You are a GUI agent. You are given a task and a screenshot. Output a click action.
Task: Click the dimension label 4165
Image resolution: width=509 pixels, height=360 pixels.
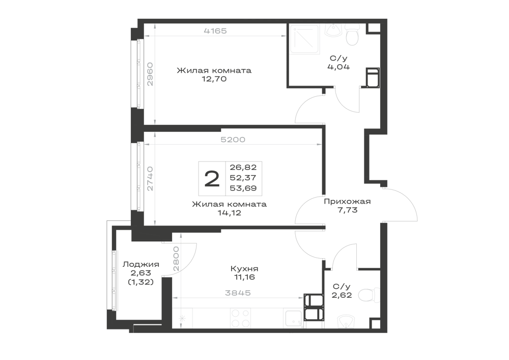[215, 31]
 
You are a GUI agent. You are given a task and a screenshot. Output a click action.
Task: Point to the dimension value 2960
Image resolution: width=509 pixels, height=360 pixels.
[150, 74]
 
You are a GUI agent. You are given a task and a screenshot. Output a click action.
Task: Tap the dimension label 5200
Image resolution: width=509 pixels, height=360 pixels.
[233, 140]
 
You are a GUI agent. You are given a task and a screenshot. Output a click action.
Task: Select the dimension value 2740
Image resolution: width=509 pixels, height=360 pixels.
[150, 179]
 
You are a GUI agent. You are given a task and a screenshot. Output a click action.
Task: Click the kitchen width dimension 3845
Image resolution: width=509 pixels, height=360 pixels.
[238, 293]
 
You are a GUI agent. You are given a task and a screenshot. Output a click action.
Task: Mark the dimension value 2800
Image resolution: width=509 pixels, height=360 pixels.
[176, 259]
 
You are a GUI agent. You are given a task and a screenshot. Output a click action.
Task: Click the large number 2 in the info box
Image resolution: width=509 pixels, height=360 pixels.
[212, 179]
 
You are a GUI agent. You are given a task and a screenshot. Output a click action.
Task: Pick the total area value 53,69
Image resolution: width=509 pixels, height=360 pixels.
[243, 188]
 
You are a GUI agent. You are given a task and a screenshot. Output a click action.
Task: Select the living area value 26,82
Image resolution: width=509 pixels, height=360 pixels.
[243, 167]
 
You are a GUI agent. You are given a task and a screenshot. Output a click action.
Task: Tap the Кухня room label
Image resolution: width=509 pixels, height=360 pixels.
[244, 269]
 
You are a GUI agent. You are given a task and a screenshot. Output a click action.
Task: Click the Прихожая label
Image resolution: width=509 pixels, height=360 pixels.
[347, 202]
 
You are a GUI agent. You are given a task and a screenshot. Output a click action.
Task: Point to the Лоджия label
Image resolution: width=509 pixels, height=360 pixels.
[140, 265]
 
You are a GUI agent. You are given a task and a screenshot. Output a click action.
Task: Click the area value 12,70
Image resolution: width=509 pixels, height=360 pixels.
[214, 79]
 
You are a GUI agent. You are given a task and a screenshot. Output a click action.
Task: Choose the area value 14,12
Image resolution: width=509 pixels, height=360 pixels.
[230, 213]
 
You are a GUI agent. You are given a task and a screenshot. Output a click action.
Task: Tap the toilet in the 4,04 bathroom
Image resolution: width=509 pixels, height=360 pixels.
[352, 35]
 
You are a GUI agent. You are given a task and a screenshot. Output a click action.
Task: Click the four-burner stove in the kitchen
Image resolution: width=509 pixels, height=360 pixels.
[240, 318]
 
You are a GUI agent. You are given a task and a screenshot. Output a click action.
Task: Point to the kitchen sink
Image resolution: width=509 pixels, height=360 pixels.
[294, 318]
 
